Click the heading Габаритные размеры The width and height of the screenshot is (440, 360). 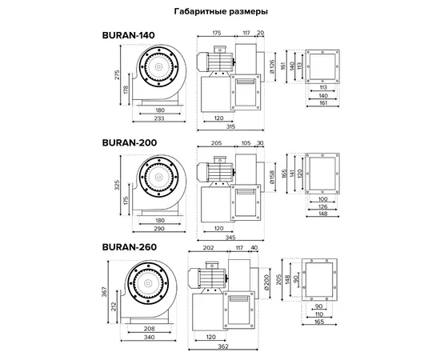coord(221,11)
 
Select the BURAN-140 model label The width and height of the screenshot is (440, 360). coord(129,35)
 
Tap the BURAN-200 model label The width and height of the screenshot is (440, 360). coord(130,142)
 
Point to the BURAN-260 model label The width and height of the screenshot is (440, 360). coord(130,247)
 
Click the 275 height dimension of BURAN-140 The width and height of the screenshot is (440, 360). coord(117,74)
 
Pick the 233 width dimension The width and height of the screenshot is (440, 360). coord(159,118)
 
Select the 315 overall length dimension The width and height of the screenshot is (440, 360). coord(230,126)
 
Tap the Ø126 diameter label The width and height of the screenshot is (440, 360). coord(272,66)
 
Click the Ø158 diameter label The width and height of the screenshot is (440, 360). coord(272,177)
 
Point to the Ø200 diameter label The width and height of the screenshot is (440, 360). coord(266,282)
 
